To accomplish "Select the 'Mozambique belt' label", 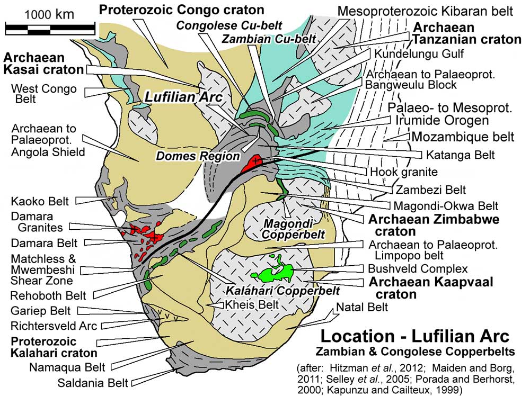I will pos(463,137).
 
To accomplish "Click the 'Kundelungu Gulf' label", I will pos(419,53).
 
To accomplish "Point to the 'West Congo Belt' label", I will pos(44,94).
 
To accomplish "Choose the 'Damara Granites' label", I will pos(38,222).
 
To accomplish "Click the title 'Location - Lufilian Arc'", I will pos(414,336).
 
